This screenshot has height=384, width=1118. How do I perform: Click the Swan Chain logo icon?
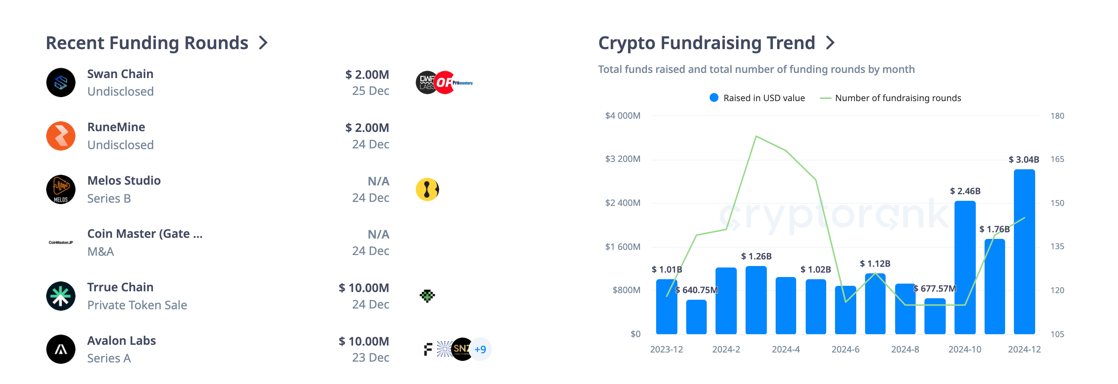pos(61,82)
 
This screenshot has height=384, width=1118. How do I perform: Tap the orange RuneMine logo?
pos(61,136)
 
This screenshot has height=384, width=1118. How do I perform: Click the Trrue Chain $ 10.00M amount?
pos(363,288)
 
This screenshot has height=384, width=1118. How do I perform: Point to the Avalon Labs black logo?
pos(61,349)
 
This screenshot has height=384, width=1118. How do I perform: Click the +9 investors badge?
pos(480,349)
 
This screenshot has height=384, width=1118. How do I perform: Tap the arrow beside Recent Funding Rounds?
pos(263,43)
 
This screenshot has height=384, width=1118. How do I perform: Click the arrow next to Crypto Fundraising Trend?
pos(830,43)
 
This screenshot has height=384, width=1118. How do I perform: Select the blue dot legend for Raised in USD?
pos(714,97)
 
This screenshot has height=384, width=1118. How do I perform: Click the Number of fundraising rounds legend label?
pos(898,98)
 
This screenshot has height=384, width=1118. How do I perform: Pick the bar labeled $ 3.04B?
pos(1024,252)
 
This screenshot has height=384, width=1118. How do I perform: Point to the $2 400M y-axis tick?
pos(622,203)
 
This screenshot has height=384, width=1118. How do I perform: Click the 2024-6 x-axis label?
pos(845,349)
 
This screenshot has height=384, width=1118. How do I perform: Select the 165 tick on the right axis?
pos(1057,159)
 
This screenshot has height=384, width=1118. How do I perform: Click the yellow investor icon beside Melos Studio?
pos(427,189)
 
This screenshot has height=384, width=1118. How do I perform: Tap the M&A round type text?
pos(101,252)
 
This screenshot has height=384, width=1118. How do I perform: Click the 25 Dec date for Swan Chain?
pos(370,91)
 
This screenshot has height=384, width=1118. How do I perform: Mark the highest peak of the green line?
pos(756,136)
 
